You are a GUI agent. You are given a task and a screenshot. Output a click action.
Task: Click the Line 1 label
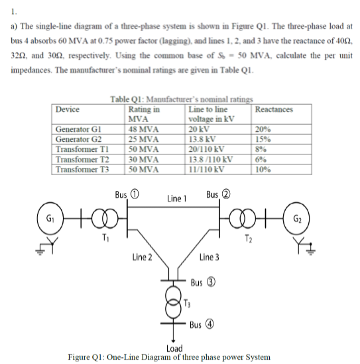(x=177, y=198)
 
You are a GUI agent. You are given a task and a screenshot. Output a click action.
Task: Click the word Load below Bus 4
(x=175, y=347)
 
